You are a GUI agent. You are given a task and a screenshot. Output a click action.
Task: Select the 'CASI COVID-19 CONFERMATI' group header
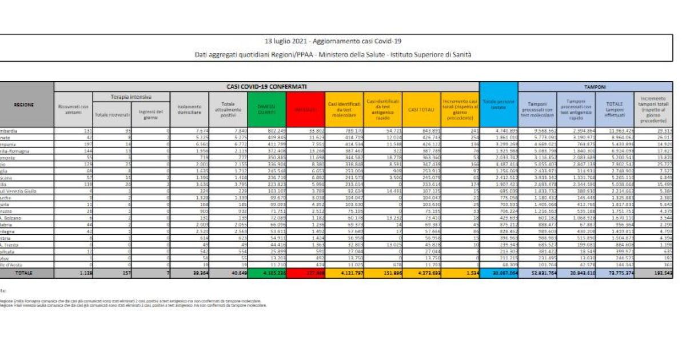point(266,86)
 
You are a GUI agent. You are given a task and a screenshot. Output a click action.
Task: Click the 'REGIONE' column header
point(24,105)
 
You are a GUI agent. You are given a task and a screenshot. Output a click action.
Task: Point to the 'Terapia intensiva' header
point(131,97)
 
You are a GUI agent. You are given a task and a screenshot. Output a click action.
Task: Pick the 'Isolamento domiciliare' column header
point(190,110)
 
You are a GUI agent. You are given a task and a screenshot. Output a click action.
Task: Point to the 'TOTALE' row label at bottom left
point(24,274)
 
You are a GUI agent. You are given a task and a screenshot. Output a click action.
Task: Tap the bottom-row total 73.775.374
point(617,274)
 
